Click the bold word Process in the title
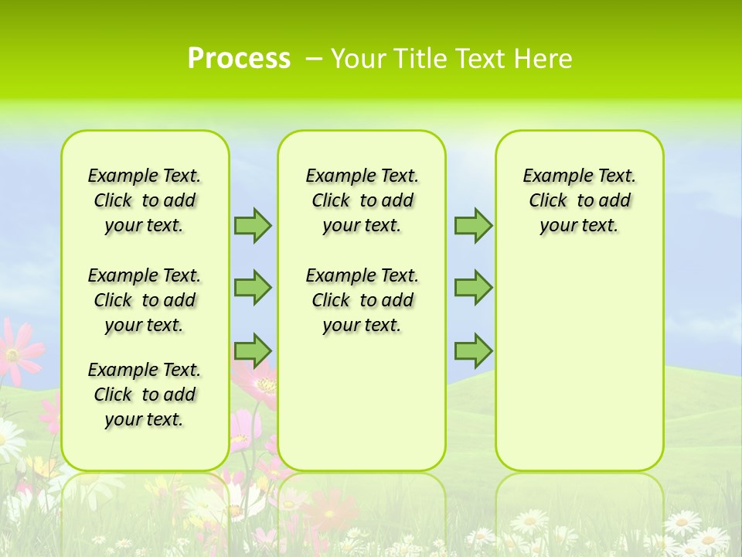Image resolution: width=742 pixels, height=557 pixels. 239,58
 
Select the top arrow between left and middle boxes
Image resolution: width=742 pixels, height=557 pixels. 253,225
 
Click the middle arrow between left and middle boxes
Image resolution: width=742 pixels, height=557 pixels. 253,287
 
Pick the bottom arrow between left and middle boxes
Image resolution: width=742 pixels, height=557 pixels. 253,350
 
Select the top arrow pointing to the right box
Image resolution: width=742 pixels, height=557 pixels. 473,225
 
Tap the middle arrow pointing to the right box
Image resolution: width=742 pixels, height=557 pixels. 473,287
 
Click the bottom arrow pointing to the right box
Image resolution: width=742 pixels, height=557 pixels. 473,350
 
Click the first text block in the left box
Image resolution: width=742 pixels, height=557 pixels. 145,200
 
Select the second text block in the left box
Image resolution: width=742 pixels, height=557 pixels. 145,300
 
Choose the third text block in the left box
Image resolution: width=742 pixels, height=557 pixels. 145,395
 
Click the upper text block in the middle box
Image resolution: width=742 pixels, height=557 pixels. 362,200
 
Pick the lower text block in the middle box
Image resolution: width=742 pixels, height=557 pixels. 362,300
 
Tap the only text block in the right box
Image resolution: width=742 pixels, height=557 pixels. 579,200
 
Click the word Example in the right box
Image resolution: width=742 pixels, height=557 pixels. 552,176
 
